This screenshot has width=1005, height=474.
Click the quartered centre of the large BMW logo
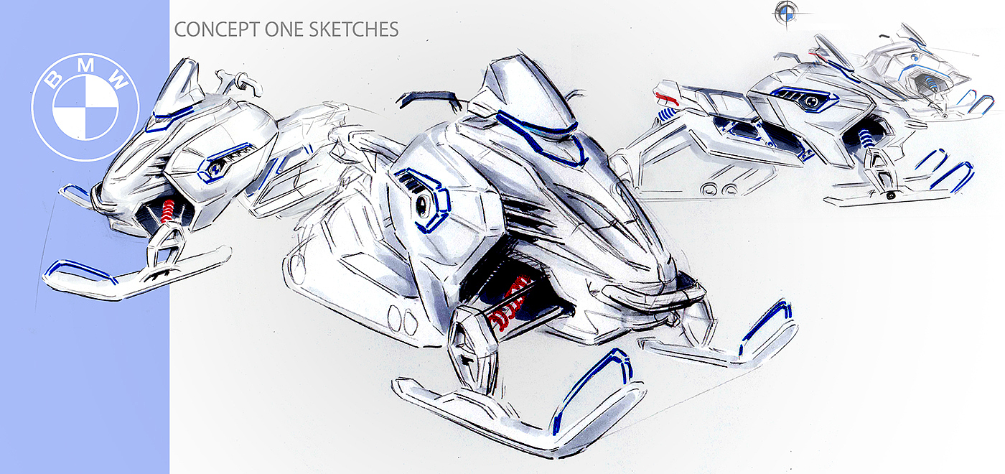(x=85, y=107)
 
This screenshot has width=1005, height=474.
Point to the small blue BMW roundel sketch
(x=787, y=12)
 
